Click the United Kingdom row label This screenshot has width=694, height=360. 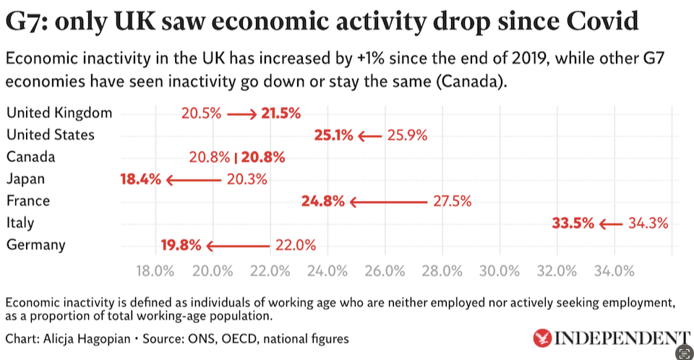59,113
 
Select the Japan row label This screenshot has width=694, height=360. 25,179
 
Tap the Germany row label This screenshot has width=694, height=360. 35,244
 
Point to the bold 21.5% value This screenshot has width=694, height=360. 280,113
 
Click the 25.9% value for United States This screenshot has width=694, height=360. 408,135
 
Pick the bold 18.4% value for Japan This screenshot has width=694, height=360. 140,179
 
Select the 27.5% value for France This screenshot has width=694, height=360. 452,201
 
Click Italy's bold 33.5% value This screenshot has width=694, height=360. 573,223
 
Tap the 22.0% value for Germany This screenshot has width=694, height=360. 296,245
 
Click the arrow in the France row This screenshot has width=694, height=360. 387,202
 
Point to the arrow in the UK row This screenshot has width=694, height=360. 241,113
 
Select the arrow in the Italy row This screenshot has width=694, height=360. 609,223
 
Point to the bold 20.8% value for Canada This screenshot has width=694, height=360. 263,157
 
